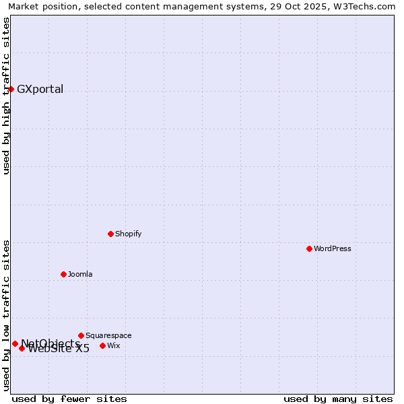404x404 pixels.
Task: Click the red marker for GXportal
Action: click(x=11, y=89)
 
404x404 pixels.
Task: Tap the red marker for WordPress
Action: click(x=309, y=248)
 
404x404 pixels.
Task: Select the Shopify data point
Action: click(x=110, y=234)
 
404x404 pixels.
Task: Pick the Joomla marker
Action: click(x=63, y=274)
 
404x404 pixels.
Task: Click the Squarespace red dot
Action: click(x=81, y=335)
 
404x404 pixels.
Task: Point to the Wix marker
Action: click(x=102, y=345)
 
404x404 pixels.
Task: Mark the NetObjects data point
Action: click(x=15, y=343)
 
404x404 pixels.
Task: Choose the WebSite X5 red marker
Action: click(x=22, y=348)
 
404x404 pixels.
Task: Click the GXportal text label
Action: click(x=40, y=90)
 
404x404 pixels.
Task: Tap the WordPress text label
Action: click(x=333, y=248)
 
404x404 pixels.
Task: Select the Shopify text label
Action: click(x=128, y=234)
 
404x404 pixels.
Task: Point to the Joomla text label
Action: click(x=80, y=274)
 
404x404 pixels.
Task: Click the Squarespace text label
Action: click(x=108, y=335)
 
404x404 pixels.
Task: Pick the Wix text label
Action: click(x=113, y=345)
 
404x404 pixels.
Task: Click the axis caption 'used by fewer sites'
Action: click(x=69, y=399)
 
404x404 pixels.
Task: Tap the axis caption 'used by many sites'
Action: click(x=338, y=399)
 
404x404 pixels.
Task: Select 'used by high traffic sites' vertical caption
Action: click(x=6, y=96)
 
